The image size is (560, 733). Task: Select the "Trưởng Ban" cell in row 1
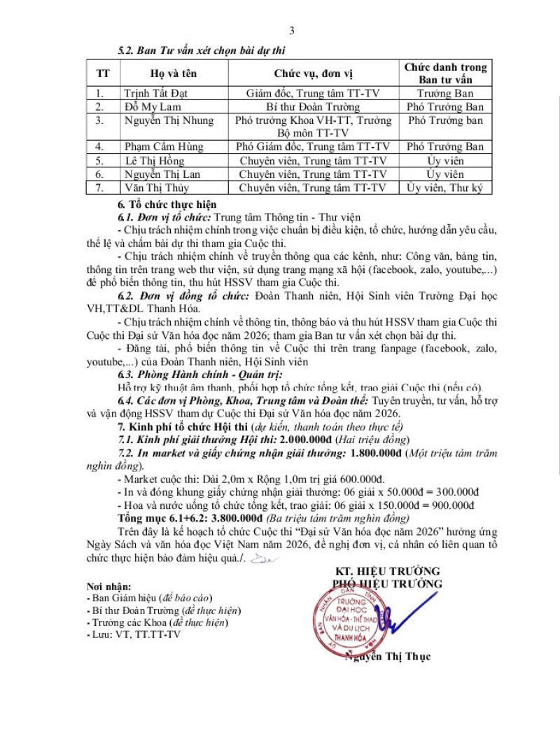445,93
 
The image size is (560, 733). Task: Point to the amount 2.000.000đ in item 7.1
307,439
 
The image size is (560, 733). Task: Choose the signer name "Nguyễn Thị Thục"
388,656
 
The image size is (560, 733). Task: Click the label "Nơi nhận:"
108,585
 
